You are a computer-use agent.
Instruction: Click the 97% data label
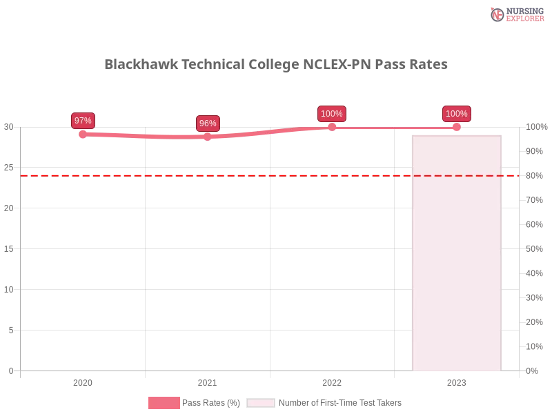[83, 121]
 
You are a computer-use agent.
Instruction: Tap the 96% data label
[208, 124]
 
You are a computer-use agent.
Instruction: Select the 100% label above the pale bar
[457, 114]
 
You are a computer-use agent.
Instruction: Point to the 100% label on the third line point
[332, 114]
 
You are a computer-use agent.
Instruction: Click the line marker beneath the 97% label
[83, 135]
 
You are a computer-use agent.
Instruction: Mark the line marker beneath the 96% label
[208, 137]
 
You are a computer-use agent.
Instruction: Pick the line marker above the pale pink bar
[457, 127]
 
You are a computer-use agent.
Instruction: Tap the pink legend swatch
[164, 403]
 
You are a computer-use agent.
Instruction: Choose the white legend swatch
[261, 403]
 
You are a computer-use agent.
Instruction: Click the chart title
[279, 64]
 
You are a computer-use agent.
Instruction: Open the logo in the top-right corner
[515, 14]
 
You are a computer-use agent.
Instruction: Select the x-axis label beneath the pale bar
[457, 381]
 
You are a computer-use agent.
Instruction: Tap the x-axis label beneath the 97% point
[83, 381]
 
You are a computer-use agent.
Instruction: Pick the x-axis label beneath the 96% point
[206, 381]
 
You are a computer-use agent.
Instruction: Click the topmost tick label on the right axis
[535, 127]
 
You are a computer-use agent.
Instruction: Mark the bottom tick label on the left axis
[10, 370]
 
